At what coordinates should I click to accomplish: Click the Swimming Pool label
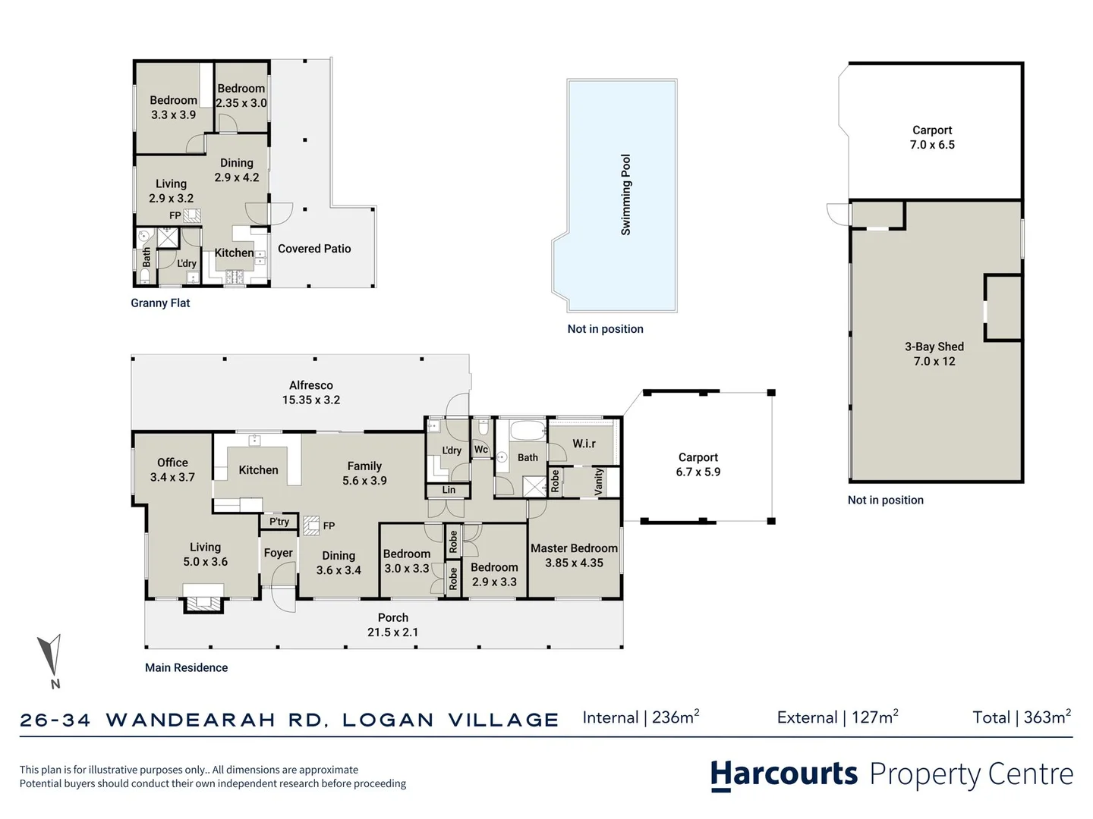click(626, 194)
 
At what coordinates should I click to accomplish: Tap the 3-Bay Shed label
click(934, 347)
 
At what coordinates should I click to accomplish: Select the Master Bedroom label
click(574, 548)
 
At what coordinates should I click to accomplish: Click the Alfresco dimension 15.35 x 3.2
click(311, 400)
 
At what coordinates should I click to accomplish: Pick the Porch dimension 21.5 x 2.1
click(393, 632)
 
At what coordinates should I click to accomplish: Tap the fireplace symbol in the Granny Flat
click(192, 216)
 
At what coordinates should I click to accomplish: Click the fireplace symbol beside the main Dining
click(311, 525)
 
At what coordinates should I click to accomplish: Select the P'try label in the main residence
click(279, 522)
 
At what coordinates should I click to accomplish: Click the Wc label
click(480, 450)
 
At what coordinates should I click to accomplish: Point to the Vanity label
click(599, 482)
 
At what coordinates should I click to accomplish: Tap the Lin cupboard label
click(449, 490)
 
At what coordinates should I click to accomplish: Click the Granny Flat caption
click(160, 303)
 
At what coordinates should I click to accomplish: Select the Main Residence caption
click(186, 668)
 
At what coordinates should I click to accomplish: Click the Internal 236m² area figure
click(641, 717)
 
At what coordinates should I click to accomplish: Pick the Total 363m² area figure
click(1022, 717)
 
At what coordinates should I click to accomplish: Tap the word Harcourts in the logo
click(784, 775)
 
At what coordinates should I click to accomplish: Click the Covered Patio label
click(314, 249)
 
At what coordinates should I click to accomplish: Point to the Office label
click(173, 463)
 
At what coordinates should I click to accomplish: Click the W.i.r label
click(584, 443)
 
